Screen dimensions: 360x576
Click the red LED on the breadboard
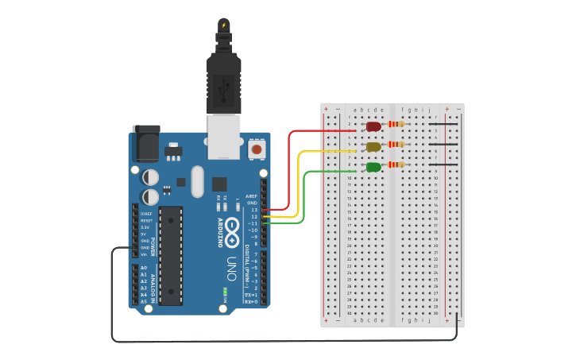(x=373, y=126)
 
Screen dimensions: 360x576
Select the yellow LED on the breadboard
(x=373, y=146)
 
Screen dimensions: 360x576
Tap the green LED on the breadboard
(x=373, y=166)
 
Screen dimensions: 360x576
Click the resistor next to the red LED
(x=395, y=123)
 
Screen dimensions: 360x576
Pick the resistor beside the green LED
(x=395, y=164)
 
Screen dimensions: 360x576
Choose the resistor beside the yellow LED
(x=395, y=144)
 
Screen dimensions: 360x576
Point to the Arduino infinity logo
(x=232, y=230)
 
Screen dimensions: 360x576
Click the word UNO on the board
(x=231, y=263)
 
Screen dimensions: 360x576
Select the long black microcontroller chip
(x=171, y=255)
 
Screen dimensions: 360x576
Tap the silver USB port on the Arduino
(x=223, y=134)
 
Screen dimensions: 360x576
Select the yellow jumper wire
(x=299, y=183)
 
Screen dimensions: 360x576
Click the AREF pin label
(x=252, y=195)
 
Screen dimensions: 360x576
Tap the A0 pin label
(x=144, y=268)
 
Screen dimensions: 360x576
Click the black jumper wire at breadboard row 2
(x=443, y=124)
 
